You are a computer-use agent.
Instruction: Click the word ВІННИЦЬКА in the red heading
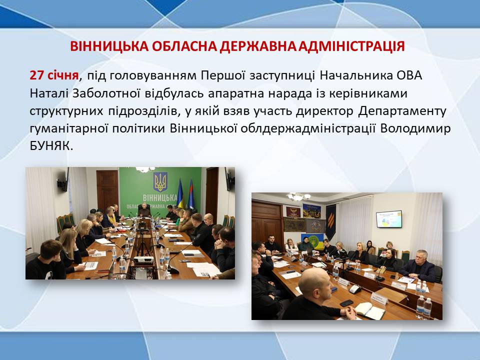pyautogui.click(x=108, y=46)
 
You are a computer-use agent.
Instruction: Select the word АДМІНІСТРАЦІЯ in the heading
pyautogui.click(x=351, y=46)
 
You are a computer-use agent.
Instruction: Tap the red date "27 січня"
pyautogui.click(x=54, y=75)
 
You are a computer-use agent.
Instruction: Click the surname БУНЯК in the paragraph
pyautogui.click(x=51, y=146)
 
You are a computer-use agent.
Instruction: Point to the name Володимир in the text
pyautogui.click(x=415, y=128)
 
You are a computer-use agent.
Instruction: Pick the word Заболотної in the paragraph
pyautogui.click(x=106, y=93)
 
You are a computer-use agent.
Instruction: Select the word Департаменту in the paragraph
pyautogui.click(x=402, y=111)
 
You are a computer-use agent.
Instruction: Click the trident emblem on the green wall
pyautogui.click(x=160, y=182)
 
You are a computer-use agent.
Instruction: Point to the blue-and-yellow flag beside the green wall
pyautogui.click(x=180, y=194)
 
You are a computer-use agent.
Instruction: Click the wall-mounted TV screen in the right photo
pyautogui.click(x=389, y=219)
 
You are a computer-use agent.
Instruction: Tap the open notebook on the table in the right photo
pyautogui.click(x=369, y=310)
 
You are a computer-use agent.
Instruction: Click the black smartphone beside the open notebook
pyautogui.click(x=346, y=303)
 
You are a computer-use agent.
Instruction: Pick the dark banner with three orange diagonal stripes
pyautogui.click(x=330, y=221)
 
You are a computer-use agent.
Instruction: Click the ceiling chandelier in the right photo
pyautogui.click(x=299, y=196)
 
